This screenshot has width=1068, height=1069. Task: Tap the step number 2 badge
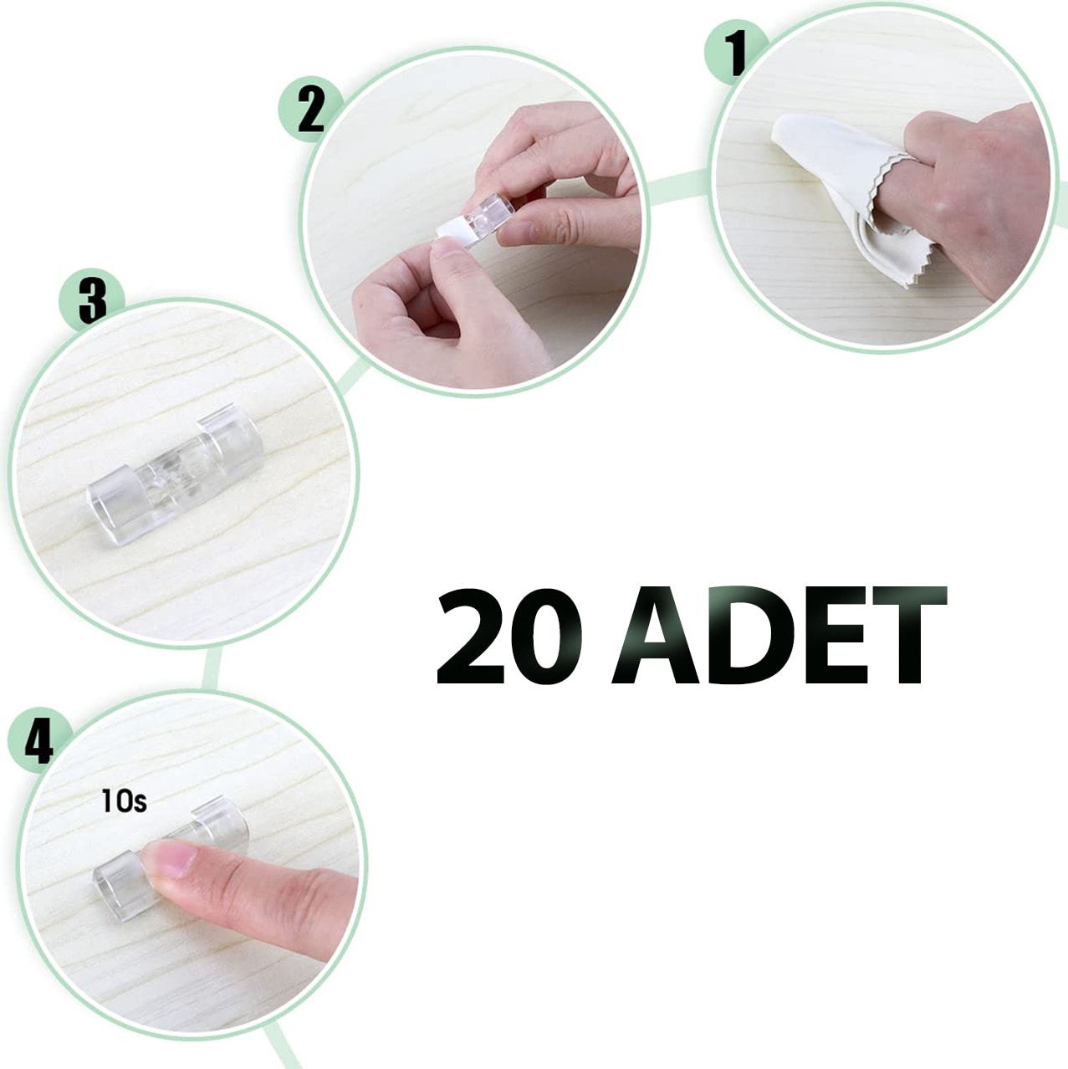click(x=310, y=110)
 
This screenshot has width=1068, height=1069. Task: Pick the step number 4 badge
click(x=39, y=740)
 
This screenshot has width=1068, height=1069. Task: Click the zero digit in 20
click(x=546, y=637)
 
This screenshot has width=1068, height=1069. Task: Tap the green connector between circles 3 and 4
click(x=212, y=669)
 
